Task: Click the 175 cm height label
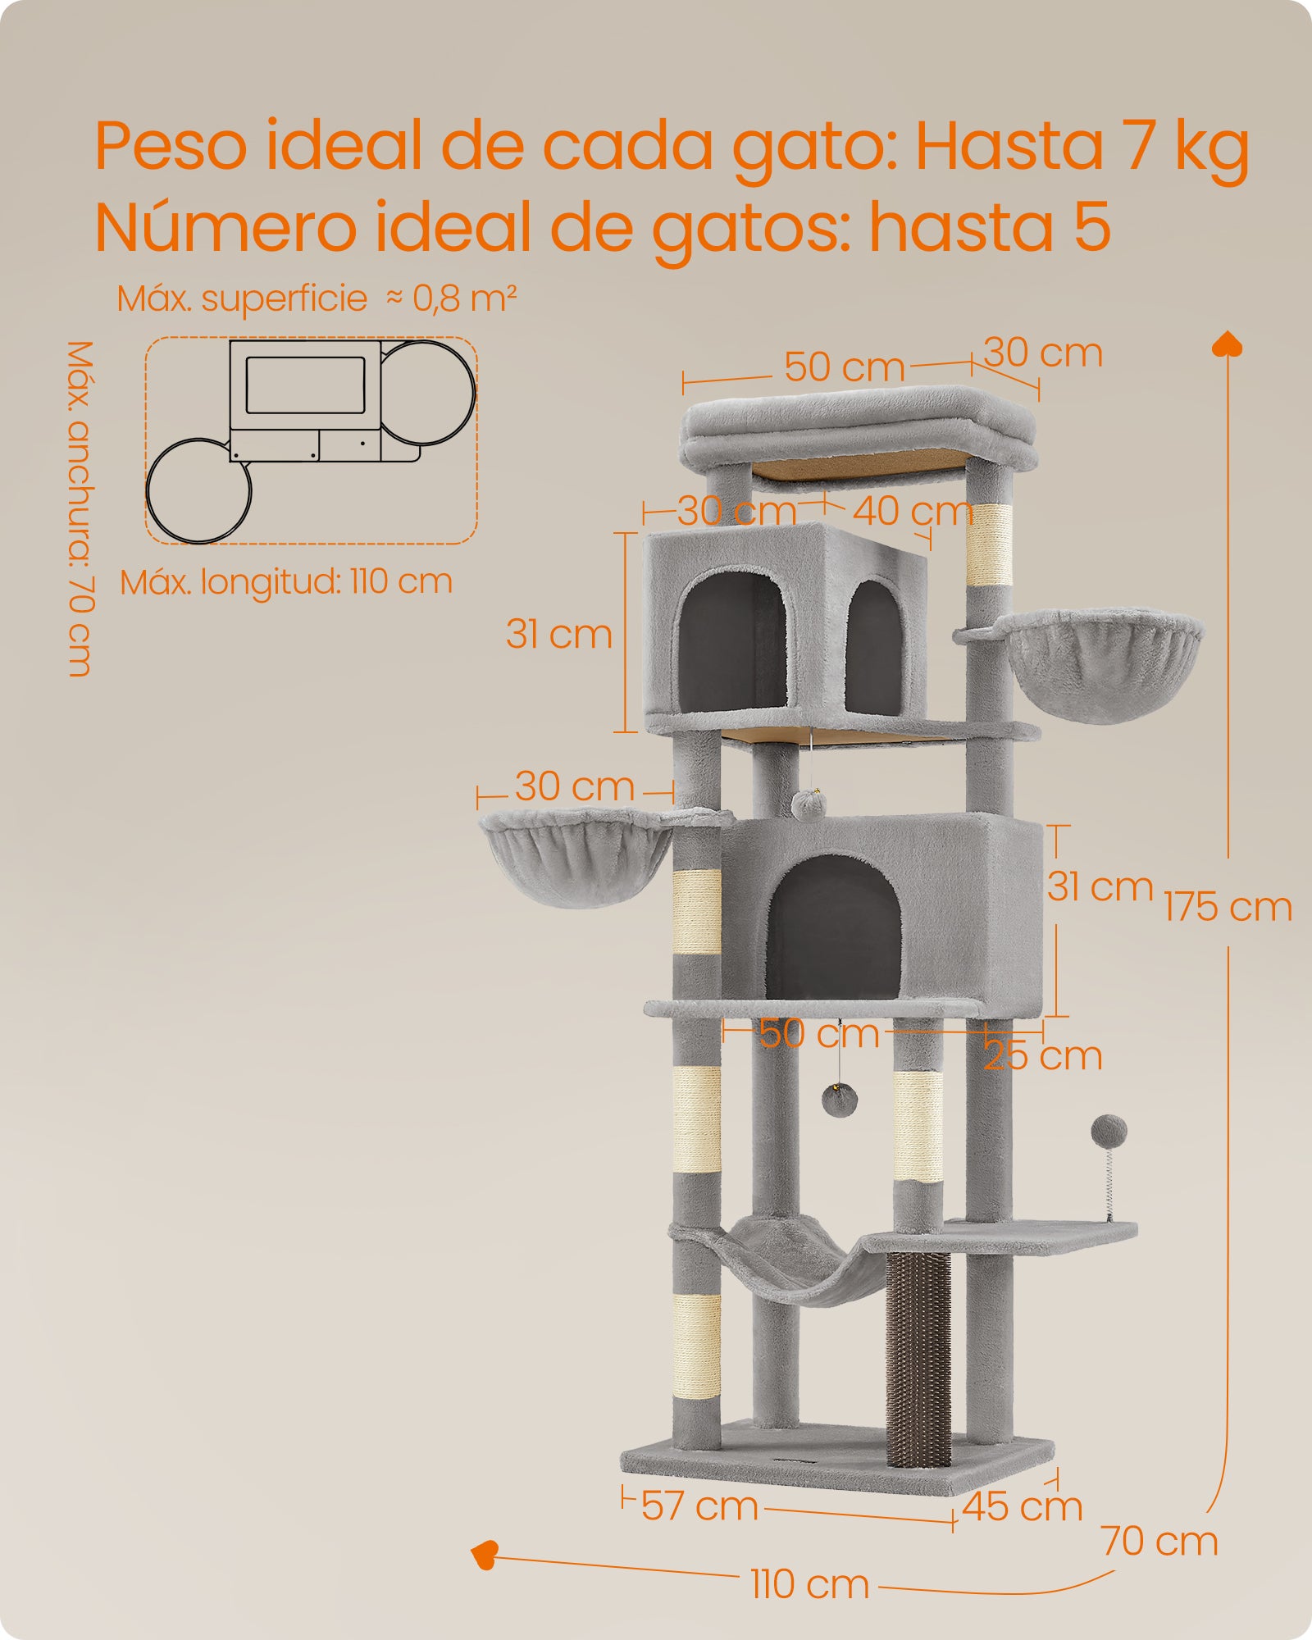click(1228, 907)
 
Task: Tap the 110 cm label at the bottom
click(809, 1584)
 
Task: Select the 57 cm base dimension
click(699, 1506)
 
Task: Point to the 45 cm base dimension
click(1022, 1506)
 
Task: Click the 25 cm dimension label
click(1042, 1056)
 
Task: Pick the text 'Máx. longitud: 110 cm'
click(286, 582)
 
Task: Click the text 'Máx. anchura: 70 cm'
click(80, 508)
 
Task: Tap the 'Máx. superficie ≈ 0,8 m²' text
click(317, 298)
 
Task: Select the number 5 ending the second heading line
click(1091, 227)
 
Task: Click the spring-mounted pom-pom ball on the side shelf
click(1109, 1132)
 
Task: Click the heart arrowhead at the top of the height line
click(1228, 344)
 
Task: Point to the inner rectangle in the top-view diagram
click(305, 385)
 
